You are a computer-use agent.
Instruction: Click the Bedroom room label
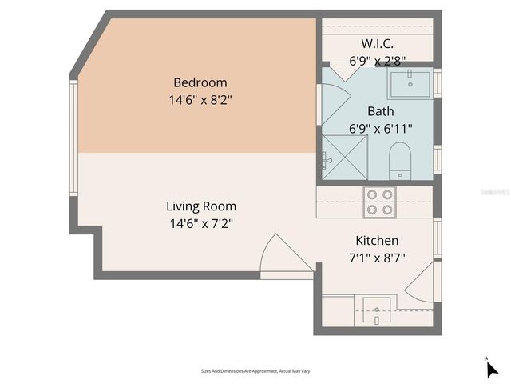(x=200, y=82)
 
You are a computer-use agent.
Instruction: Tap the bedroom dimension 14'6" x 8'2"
(x=200, y=100)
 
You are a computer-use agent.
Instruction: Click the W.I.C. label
(x=377, y=42)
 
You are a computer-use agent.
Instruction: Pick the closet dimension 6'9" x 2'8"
(x=377, y=60)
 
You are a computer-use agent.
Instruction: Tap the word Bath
(x=380, y=110)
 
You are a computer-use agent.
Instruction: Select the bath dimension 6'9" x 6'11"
(x=380, y=128)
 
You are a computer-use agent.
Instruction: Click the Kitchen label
(x=376, y=240)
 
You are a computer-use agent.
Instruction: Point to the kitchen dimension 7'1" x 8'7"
(x=376, y=258)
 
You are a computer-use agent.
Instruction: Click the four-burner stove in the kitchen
(x=378, y=202)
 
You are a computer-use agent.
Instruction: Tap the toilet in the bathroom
(x=399, y=161)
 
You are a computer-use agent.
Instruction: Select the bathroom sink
(x=409, y=82)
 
